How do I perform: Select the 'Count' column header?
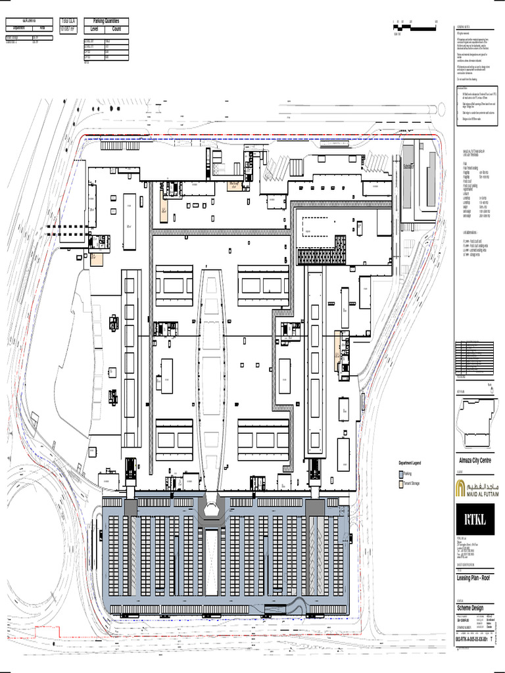tap(116, 29)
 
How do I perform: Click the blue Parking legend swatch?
tap(400, 473)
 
